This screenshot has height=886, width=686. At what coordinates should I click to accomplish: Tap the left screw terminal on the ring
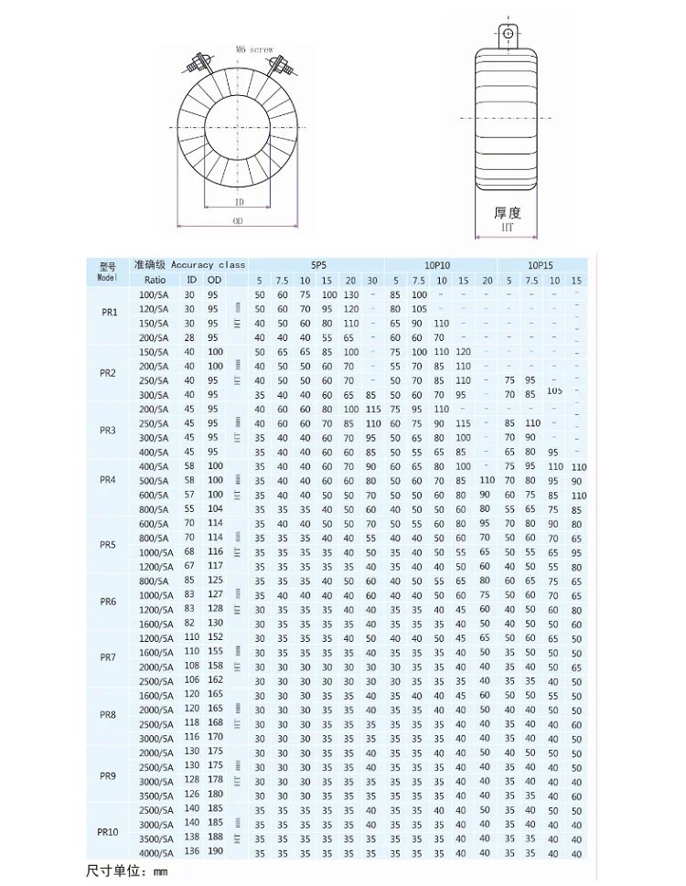[196, 66]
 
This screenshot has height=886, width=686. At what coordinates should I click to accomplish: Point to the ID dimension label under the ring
[239, 202]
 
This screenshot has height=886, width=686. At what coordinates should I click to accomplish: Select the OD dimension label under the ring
[238, 222]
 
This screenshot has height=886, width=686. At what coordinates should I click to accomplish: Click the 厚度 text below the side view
[508, 212]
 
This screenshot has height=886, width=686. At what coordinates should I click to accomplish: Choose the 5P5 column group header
[316, 264]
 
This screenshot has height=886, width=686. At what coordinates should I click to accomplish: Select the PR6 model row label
[108, 602]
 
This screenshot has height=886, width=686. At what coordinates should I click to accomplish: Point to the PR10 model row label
[108, 832]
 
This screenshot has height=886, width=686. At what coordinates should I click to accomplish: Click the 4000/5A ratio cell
[155, 853]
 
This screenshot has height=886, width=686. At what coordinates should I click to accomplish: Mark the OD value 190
[214, 853]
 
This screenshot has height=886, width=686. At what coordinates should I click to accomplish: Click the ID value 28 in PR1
[190, 337]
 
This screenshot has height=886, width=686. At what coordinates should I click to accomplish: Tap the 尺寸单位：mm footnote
[127, 870]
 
